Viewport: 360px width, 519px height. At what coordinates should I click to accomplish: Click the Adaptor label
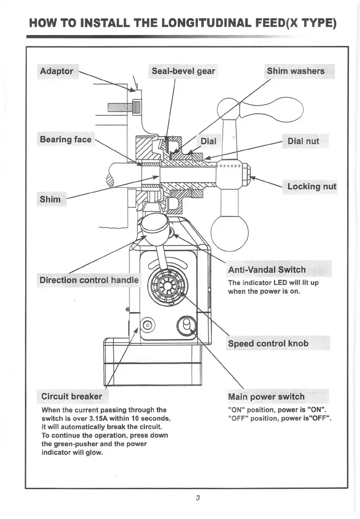pyautogui.click(x=57, y=71)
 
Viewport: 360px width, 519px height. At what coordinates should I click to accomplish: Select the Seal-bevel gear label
pyautogui.click(x=183, y=71)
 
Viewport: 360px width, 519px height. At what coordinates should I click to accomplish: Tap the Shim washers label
pyautogui.click(x=296, y=71)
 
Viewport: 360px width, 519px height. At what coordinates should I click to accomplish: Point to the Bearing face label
pyautogui.click(x=66, y=139)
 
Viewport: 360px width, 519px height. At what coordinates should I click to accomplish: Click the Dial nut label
pyautogui.click(x=303, y=141)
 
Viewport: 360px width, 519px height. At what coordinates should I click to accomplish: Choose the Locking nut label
pyautogui.click(x=312, y=186)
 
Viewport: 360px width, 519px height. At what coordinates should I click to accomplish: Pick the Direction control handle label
pyautogui.click(x=89, y=280)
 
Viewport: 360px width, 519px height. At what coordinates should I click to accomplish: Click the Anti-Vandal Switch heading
pyautogui.click(x=267, y=270)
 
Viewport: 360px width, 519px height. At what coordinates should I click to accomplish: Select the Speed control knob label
pyautogui.click(x=268, y=343)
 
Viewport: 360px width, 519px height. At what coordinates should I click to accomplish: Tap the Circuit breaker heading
pyautogui.click(x=72, y=396)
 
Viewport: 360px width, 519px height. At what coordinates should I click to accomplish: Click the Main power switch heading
pyautogui.click(x=266, y=397)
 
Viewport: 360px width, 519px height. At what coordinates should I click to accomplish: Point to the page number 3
pyautogui.click(x=197, y=497)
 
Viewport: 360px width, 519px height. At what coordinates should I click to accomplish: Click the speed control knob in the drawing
pyautogui.click(x=168, y=286)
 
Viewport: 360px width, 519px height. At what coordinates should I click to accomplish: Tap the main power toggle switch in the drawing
pyautogui.click(x=187, y=324)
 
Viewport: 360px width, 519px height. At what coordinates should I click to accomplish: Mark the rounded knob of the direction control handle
pyautogui.click(x=154, y=224)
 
